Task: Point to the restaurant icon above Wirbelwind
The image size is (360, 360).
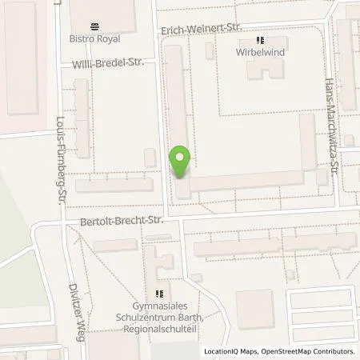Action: pyautogui.click(x=260, y=40)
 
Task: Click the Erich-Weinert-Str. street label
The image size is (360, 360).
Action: pyautogui.click(x=200, y=28)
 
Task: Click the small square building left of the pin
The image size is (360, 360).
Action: pyautogui.click(x=150, y=158)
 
